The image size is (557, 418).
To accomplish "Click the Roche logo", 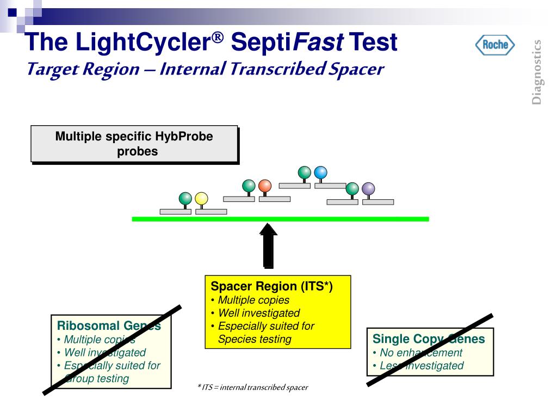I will point(495,45).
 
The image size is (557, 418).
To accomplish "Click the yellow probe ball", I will point(201,199).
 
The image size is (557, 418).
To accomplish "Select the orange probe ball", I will point(265,186).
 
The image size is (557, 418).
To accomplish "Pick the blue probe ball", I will point(321,173).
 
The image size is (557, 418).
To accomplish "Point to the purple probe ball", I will point(368,189).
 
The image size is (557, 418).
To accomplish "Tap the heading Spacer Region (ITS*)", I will point(271,286).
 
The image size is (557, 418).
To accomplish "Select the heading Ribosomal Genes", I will point(109,326).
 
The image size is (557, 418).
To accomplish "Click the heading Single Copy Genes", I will point(429,339).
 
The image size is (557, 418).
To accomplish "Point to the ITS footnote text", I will point(252,388).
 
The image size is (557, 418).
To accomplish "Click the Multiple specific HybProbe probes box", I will point(134,144).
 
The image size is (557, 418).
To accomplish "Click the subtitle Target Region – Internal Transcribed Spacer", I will point(206,70).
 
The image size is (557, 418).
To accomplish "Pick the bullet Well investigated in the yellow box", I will point(258,313).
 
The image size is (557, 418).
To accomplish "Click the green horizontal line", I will point(280,219).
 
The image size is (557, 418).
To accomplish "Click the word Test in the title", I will point(373,42).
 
